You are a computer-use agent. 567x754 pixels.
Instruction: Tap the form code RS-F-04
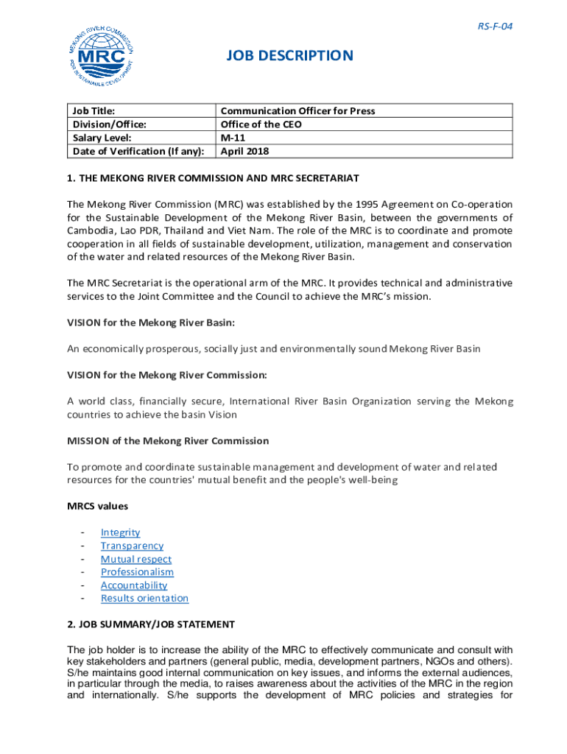click(x=495, y=27)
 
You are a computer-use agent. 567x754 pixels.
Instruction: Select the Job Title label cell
click(x=94, y=111)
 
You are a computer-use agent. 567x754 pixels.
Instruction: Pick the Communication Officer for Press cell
click(x=297, y=111)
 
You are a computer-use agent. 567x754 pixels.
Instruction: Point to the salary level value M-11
click(x=233, y=138)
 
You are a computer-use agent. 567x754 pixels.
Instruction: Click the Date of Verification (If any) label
click(x=138, y=152)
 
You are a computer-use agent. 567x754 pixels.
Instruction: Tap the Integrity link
click(x=120, y=532)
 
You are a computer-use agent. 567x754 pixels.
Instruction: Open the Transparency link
click(x=132, y=546)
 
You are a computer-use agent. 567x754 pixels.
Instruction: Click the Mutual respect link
click(x=136, y=559)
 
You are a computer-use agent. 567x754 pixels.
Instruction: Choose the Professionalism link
click(x=137, y=572)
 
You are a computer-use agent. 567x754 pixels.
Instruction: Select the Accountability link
click(x=134, y=585)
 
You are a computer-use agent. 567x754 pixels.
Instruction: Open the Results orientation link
click(x=144, y=599)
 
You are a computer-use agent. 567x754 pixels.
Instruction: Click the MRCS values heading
click(x=97, y=507)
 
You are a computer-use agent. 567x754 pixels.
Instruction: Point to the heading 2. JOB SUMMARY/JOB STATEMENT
click(x=151, y=624)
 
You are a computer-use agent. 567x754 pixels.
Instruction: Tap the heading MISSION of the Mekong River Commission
click(x=168, y=441)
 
